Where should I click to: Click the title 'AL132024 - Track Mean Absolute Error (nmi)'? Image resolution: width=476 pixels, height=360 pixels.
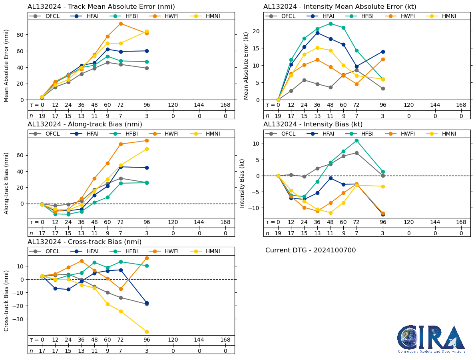pyautogui.click(x=101, y=7)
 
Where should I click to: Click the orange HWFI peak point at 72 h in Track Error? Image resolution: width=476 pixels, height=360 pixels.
pyautogui.click(x=120, y=24)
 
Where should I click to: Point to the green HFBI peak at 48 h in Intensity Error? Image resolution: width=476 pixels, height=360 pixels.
pyautogui.click(x=331, y=24)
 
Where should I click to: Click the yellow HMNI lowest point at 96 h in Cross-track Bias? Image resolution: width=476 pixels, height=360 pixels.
pyautogui.click(x=147, y=332)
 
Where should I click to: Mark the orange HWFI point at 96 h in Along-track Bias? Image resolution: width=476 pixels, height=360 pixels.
pyautogui.click(x=147, y=140)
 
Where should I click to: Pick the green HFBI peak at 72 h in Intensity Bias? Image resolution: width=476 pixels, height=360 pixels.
pyautogui.click(x=356, y=140)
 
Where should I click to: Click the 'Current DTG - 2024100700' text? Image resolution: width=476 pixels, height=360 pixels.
pyautogui.click(x=311, y=250)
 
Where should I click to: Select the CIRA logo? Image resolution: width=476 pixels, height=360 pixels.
pyautogui.click(x=431, y=339)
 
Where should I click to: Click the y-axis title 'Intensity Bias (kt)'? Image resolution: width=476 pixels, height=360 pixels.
pyautogui.click(x=242, y=183)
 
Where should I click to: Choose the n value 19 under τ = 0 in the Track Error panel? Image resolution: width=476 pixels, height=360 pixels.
pyautogui.click(x=42, y=116)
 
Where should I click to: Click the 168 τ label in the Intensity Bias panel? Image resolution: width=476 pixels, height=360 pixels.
pyautogui.click(x=461, y=222)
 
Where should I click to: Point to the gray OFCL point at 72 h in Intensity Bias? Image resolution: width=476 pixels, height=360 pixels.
pyautogui.click(x=356, y=153)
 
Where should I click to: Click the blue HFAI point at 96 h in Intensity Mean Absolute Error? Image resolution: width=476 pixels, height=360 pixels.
pyautogui.click(x=383, y=52)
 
